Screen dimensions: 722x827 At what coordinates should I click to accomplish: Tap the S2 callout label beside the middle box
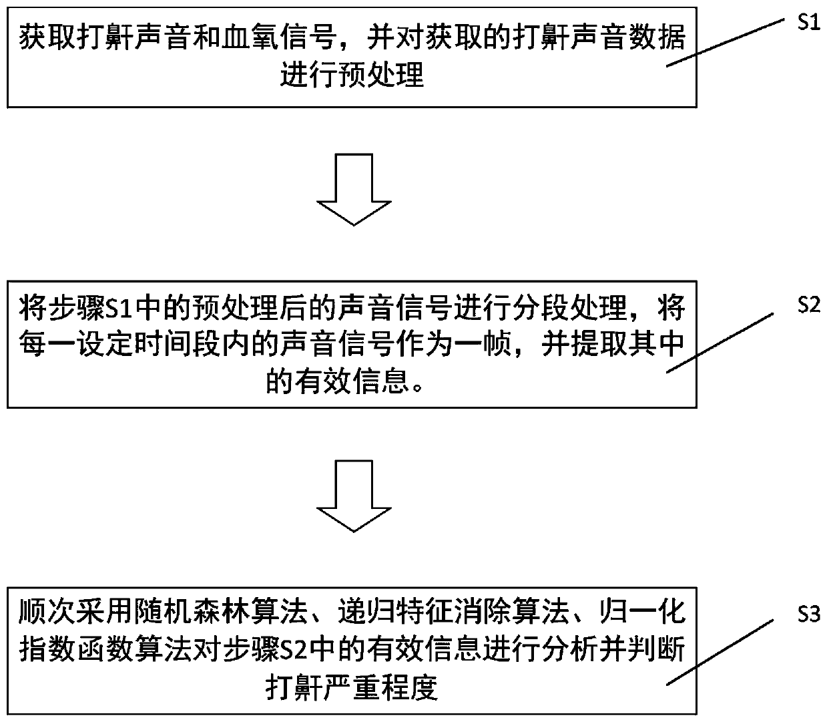[x=808, y=306]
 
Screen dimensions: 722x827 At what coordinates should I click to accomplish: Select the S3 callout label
[x=808, y=614]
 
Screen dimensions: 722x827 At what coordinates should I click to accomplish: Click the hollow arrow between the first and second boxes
[x=352, y=191]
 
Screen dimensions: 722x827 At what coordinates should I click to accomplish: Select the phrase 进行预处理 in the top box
[x=352, y=75]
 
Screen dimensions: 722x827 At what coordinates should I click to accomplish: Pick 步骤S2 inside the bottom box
[x=274, y=649]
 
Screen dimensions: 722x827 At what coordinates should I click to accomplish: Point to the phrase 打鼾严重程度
[x=352, y=686]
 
